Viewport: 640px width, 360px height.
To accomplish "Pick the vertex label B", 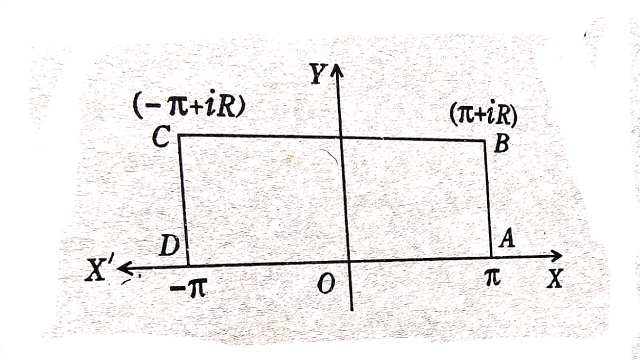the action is pos(502,144).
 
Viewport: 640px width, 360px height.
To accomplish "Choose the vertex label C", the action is pos(160,139).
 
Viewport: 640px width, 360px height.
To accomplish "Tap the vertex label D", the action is pos(169,245).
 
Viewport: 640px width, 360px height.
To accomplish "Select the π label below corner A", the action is pos(491,276).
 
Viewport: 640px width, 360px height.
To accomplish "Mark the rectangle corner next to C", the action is pos(180,134).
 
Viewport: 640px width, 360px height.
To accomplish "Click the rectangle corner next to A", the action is pos(491,258).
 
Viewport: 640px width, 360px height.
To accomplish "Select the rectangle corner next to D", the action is pos(188,264).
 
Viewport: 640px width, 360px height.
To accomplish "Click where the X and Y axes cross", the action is pos(347,262).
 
